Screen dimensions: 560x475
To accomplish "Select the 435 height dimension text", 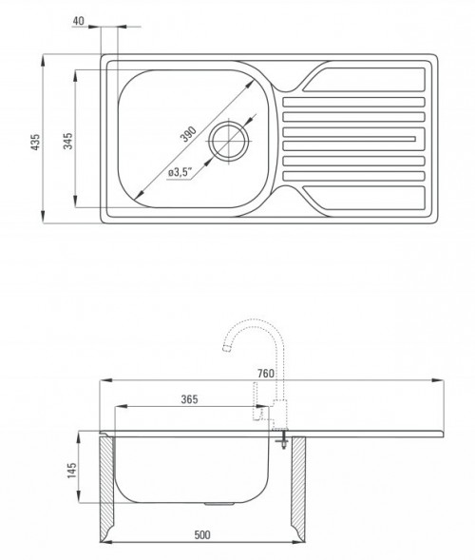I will coord(36,143).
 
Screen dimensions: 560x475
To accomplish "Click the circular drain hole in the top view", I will coord(229,140).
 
